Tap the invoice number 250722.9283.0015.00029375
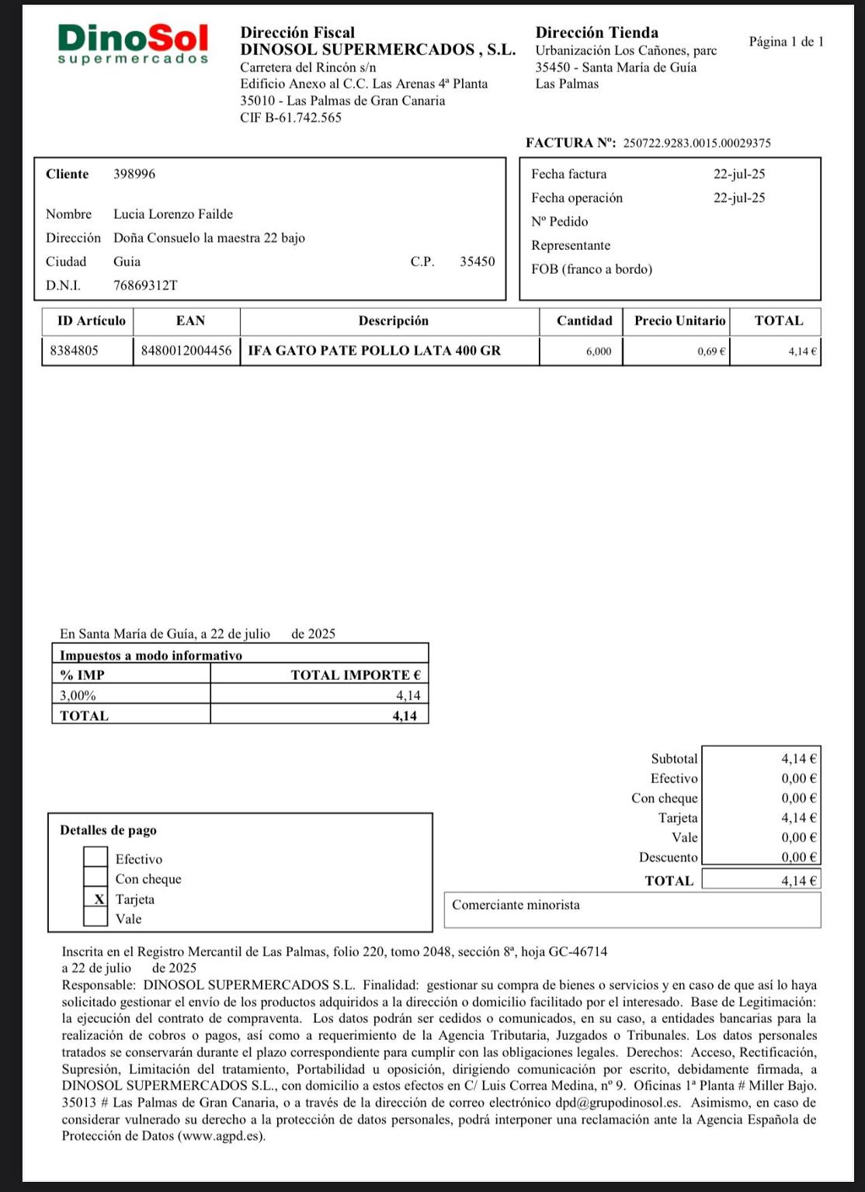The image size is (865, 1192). click(x=697, y=143)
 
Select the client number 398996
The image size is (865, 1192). click(x=134, y=174)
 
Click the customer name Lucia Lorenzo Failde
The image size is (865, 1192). click(x=173, y=214)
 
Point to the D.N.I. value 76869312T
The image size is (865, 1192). click(x=145, y=286)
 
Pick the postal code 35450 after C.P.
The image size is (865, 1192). click(x=477, y=262)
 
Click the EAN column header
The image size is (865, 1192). click(x=190, y=321)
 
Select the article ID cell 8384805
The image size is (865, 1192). click(x=75, y=351)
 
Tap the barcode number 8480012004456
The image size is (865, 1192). click(x=186, y=351)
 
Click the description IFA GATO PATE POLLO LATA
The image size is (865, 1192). click(x=374, y=351)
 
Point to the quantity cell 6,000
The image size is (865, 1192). click(x=599, y=352)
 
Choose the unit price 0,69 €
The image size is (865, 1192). click(x=711, y=352)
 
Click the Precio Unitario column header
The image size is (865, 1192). click(x=679, y=321)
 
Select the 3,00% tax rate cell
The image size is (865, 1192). click(x=78, y=695)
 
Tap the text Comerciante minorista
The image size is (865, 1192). click(x=516, y=905)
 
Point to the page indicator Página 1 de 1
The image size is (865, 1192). click(x=786, y=42)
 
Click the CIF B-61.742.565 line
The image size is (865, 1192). click(x=290, y=118)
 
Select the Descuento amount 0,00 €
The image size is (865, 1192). click(x=798, y=858)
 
